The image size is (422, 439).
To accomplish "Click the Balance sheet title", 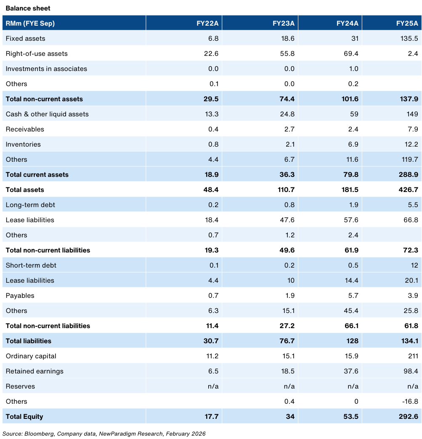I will [x=28, y=8].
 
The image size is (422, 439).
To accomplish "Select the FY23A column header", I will [x=283, y=23].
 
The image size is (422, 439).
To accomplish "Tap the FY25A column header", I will [x=407, y=23].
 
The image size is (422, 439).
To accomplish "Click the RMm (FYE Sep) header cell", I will [x=30, y=23].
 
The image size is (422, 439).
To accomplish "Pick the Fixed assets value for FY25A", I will [x=409, y=38].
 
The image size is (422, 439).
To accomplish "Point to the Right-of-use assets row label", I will [x=37, y=53].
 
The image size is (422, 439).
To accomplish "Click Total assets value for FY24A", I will [x=350, y=189].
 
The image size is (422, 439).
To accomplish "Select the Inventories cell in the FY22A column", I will [x=213, y=144].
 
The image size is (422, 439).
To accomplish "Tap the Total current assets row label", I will [x=37, y=174].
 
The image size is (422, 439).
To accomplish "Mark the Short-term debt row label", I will [x=31, y=265].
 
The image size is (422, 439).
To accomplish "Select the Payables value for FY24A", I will [x=353, y=295].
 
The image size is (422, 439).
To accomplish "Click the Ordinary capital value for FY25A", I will [x=413, y=356].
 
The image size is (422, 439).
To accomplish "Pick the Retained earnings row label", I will [x=35, y=371].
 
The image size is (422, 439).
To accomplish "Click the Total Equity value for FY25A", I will [x=409, y=416].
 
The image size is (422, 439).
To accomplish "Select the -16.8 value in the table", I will [x=410, y=401].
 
